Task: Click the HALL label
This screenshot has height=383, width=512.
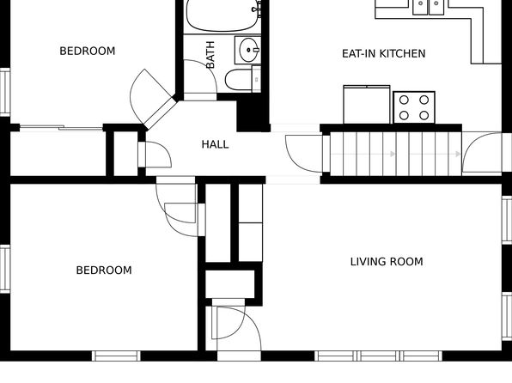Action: click(215, 144)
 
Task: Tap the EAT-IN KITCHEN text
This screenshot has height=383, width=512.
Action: click(383, 53)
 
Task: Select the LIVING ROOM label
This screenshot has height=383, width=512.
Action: click(387, 262)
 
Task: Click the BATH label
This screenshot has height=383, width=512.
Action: click(210, 55)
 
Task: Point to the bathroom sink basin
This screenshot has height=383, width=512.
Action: click(247, 50)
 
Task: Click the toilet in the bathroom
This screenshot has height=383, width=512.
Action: click(243, 79)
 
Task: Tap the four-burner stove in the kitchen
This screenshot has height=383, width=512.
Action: click(414, 107)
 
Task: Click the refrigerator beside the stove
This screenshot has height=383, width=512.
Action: click(367, 105)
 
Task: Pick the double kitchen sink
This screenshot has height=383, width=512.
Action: click(428, 7)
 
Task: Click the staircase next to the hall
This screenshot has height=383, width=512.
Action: click(396, 154)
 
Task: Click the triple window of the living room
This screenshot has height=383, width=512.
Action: click(379, 356)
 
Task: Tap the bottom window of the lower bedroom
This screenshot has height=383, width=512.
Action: click(116, 356)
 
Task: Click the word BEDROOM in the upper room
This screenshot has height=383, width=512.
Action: click(87, 51)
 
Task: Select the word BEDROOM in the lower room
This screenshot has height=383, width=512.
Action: click(104, 270)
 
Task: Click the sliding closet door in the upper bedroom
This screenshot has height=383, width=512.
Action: click(61, 128)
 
